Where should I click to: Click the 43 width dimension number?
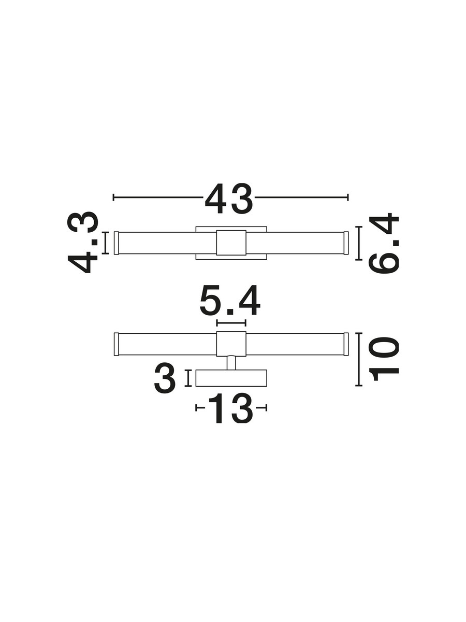coord(229,199)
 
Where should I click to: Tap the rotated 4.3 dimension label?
coord(83,243)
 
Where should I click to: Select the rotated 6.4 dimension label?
coord(383,243)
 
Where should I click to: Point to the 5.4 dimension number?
coord(230,301)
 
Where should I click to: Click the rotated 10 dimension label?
coord(384,359)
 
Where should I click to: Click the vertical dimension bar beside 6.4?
coord(359,243)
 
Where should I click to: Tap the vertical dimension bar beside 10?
coord(359,359)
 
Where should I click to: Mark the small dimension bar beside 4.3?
coord(105,243)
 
